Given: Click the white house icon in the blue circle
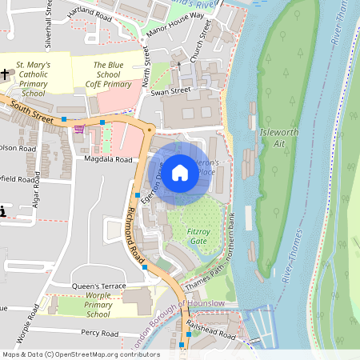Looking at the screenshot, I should click(180, 172).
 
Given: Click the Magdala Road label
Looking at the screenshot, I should click(108, 159).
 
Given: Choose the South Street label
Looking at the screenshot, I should click(33, 110).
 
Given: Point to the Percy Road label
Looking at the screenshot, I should click(98, 333).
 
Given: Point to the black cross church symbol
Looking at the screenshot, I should click(6, 74).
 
